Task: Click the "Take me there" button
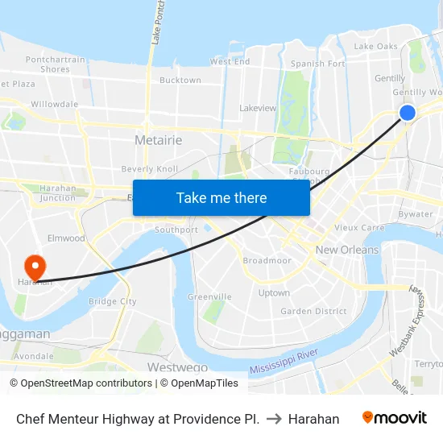pos(221,197)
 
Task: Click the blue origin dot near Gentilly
pos(408,113)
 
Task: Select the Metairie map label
pos(158,140)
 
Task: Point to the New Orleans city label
pos(347,250)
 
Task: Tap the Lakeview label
pos(258,108)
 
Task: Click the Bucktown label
pos(180,81)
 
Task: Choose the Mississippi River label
pos(284,361)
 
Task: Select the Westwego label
pos(177,367)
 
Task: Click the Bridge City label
pos(112,301)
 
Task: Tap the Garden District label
pos(313,311)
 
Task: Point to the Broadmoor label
pos(267,261)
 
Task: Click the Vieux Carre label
pos(359,228)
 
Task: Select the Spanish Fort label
pos(318,64)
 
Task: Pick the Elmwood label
pos(66,238)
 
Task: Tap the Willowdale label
pos(54,104)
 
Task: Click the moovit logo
pos(394,418)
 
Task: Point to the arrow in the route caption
pos(274,419)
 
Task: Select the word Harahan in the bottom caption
pos(313,419)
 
